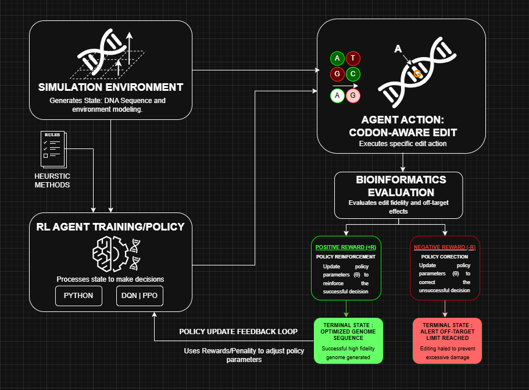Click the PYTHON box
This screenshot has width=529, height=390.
pos(78,296)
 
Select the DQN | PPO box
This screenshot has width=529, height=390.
pos(140,296)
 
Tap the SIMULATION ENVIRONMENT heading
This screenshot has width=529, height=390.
pos(110,87)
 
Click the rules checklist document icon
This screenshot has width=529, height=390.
pos(53,148)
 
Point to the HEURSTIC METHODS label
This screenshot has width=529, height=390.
pos(53,180)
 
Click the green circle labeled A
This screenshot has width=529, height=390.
pos(337,58)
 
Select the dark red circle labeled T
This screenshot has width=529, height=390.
pos(353,58)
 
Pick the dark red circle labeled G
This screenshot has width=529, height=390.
pos(337,74)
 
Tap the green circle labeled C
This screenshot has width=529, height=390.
pos(353,74)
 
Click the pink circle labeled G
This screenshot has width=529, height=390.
pos(353,95)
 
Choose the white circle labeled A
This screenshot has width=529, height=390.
pos(337,95)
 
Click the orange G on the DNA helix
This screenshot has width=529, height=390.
pos(417,74)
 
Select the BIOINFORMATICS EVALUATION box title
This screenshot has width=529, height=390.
pos(401,186)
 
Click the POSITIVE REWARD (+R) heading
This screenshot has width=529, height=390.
pos(346,247)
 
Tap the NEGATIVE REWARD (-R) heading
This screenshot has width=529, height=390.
pos(445,247)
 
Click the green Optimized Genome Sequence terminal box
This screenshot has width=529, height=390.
pos(348,341)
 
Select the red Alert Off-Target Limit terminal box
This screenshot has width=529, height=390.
pos(447,341)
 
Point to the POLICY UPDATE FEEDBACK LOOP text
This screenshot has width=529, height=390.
pos(238,332)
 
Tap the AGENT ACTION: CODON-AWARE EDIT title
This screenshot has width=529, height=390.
pos(402,126)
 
